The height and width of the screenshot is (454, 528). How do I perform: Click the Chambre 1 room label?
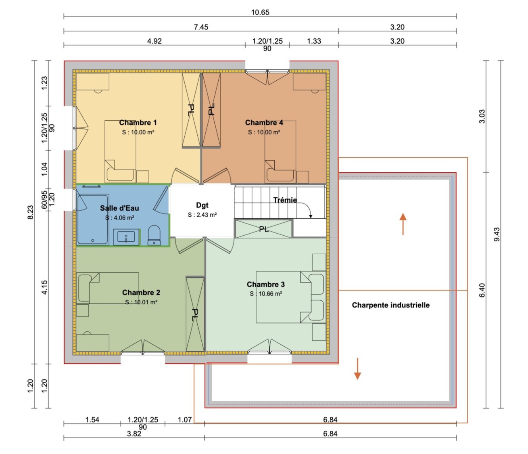point(138,123)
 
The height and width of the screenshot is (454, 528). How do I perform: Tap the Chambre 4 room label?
point(264,123)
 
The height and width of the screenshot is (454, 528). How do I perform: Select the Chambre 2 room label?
point(141,293)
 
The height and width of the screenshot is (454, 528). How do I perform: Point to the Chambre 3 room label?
point(266,285)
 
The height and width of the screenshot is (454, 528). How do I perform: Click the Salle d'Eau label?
point(119,208)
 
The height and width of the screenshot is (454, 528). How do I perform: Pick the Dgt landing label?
point(202,205)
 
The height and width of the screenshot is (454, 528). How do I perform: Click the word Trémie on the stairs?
point(285,200)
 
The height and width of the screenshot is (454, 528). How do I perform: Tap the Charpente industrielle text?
point(390,305)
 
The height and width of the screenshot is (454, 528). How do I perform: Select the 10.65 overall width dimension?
point(260,13)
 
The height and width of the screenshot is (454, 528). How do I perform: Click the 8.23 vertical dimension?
point(30,212)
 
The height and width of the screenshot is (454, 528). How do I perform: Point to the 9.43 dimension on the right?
point(497,234)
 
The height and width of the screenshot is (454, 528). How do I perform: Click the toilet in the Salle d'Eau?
point(154,235)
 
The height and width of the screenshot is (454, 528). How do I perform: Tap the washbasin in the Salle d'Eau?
point(126,237)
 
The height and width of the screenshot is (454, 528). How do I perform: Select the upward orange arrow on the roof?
point(403,224)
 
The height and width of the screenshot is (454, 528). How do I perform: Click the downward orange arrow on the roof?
point(357,369)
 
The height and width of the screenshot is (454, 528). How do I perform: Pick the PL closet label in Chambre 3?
point(264,229)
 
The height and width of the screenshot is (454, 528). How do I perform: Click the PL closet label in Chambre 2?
point(195,314)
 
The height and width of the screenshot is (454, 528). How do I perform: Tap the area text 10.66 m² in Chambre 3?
point(266,294)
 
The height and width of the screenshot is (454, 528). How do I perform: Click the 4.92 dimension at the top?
point(154,41)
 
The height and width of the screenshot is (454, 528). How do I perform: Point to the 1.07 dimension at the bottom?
point(185,420)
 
